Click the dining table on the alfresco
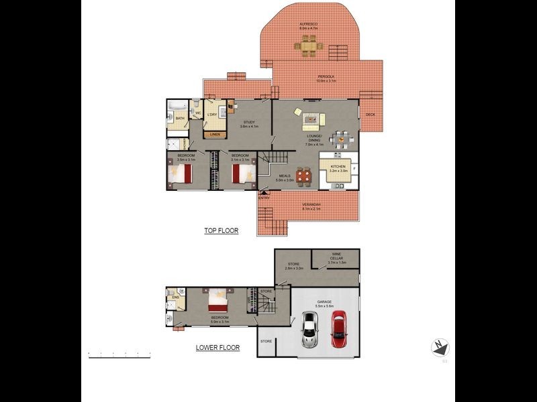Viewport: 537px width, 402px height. tap(309, 46)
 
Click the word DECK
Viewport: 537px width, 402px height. tap(370, 115)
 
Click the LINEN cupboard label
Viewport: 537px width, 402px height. tap(214, 135)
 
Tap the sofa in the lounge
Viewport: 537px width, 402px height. tap(311, 119)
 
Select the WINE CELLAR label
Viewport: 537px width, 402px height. tap(336, 256)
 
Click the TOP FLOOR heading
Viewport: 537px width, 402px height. tap(221, 230)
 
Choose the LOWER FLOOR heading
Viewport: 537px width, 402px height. tap(217, 348)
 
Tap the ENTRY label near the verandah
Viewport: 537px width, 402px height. tap(264, 197)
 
